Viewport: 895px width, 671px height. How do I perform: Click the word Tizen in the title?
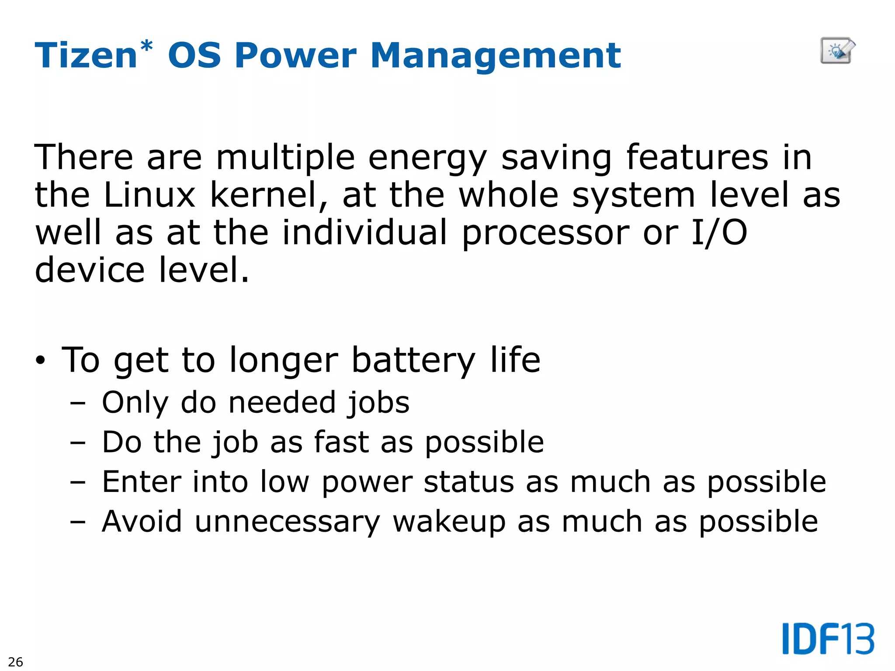[x=86, y=55]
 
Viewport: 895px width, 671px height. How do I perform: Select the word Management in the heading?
[x=496, y=55]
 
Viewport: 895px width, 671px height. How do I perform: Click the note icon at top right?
[x=837, y=51]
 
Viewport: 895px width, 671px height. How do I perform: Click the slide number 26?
[x=15, y=661]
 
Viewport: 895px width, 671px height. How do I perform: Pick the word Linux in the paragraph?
[x=149, y=195]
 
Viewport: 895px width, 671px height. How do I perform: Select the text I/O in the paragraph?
[x=719, y=232]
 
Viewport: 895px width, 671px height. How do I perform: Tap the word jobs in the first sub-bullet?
[x=378, y=403]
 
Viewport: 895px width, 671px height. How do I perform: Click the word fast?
[x=341, y=442]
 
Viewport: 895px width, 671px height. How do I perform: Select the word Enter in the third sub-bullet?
[x=142, y=482]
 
